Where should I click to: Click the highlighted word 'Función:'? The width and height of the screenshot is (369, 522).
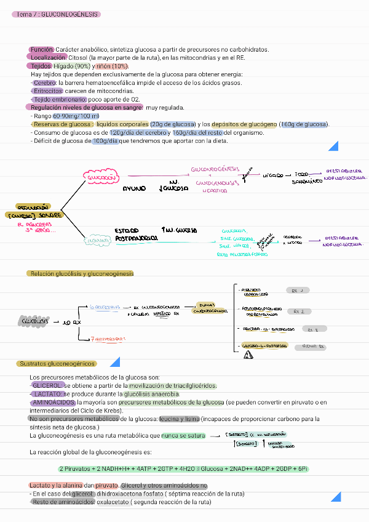(42, 49)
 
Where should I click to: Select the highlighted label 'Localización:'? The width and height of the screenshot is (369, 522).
(48, 57)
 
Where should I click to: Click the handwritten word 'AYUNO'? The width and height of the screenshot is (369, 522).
(135, 188)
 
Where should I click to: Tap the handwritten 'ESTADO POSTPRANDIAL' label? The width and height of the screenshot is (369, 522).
(136, 234)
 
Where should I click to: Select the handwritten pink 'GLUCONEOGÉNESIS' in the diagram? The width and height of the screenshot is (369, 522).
(215, 169)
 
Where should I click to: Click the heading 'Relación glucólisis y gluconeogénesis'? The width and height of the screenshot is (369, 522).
(81, 273)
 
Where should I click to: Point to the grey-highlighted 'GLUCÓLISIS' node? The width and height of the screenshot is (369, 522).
(35, 321)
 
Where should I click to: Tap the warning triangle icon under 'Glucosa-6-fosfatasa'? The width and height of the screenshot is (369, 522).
(248, 355)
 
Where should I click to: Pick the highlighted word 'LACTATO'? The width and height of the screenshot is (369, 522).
(47, 394)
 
